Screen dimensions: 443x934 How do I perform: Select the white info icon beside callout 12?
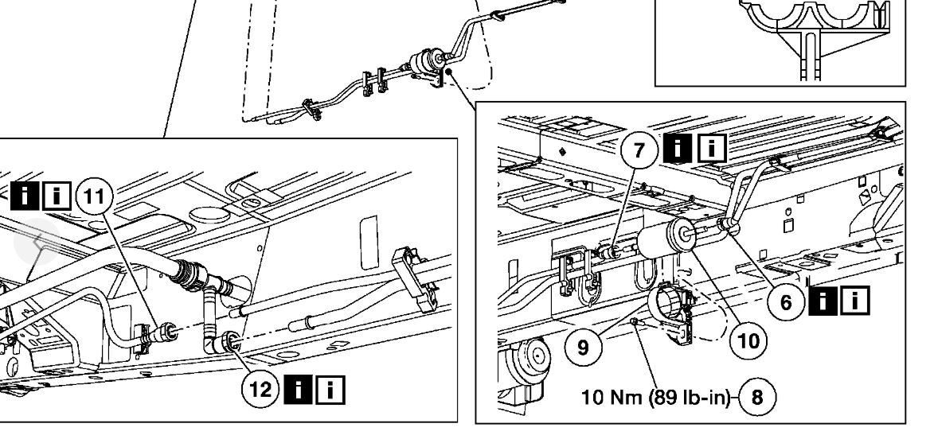tap(333, 391)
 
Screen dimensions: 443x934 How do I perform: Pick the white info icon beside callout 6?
tap(856, 301)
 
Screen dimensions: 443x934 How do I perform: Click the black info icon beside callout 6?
tap(822, 301)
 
